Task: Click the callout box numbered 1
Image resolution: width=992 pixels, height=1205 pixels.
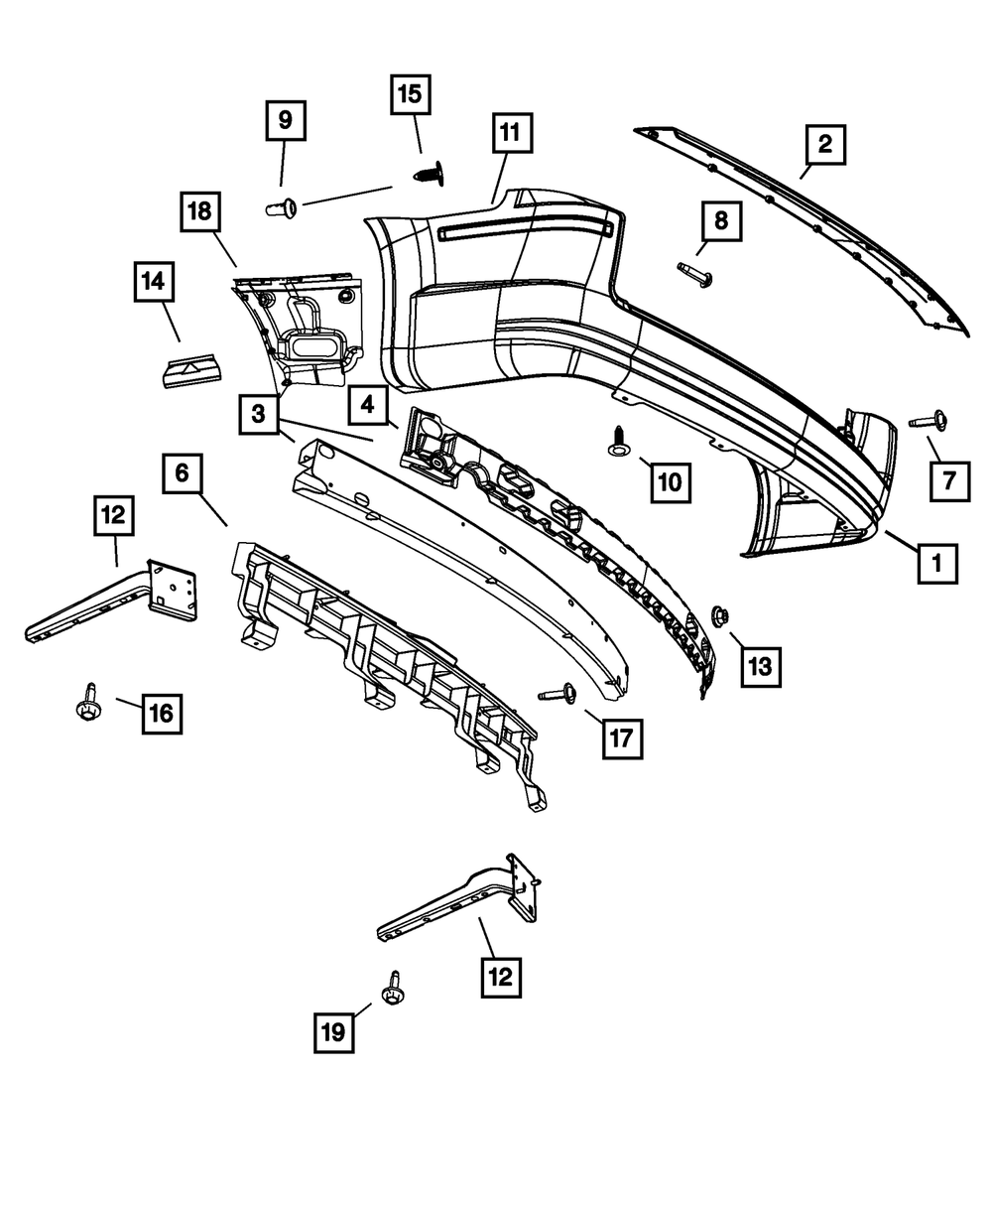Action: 937,565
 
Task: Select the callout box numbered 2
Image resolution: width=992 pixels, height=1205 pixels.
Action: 824,147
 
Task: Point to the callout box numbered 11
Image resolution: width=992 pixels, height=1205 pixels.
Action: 510,134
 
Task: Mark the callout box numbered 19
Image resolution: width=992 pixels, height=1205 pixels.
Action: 335,1031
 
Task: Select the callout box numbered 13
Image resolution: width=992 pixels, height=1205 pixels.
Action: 759,665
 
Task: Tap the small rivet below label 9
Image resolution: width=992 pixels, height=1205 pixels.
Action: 283,207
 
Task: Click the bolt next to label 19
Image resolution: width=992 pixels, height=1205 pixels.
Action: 395,988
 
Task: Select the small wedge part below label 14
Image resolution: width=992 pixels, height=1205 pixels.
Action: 192,371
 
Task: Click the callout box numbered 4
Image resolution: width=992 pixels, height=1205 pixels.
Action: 367,405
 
